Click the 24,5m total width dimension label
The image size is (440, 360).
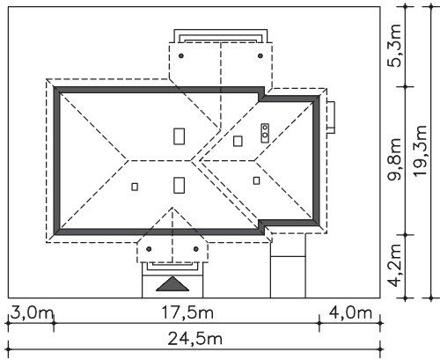coord(194,339)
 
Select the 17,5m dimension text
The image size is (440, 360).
coord(187,312)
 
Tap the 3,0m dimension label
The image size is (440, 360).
coord(32,312)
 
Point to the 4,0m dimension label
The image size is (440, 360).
coord(350,312)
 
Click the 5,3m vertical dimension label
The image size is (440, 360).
coord(394,46)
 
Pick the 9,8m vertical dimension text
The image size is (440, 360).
coord(394,159)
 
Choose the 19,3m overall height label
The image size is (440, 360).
coord(419,151)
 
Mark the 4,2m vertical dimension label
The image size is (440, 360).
coord(394,265)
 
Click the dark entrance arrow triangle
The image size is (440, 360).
coord(172,284)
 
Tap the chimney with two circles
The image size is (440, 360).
coord(265,133)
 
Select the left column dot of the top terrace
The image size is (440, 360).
coord(181,55)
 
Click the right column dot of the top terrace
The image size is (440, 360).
coord(260,55)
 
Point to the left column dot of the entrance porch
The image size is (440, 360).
coord(149,249)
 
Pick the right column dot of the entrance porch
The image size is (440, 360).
coord(196,249)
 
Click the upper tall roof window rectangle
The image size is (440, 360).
coord(179,136)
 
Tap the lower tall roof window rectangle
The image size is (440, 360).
coord(179,185)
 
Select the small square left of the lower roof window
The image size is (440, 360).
coord(135,187)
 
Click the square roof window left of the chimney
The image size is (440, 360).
coord(238,141)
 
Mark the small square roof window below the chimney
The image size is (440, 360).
coord(256,180)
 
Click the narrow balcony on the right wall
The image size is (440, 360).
coord(331,117)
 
